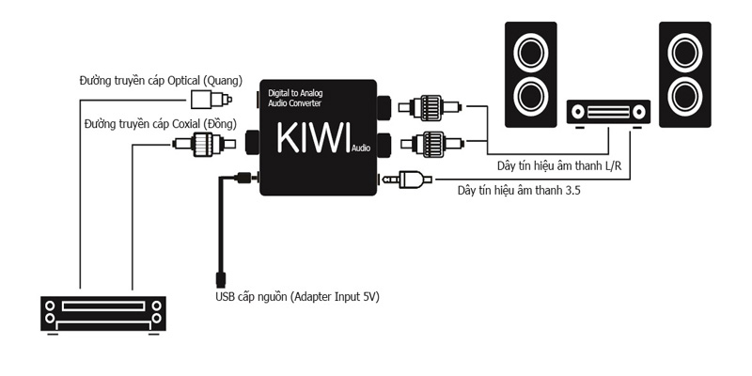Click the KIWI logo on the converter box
(313, 137)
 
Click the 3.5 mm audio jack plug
(407, 179)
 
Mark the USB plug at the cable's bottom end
(218, 278)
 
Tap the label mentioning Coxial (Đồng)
(160, 123)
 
